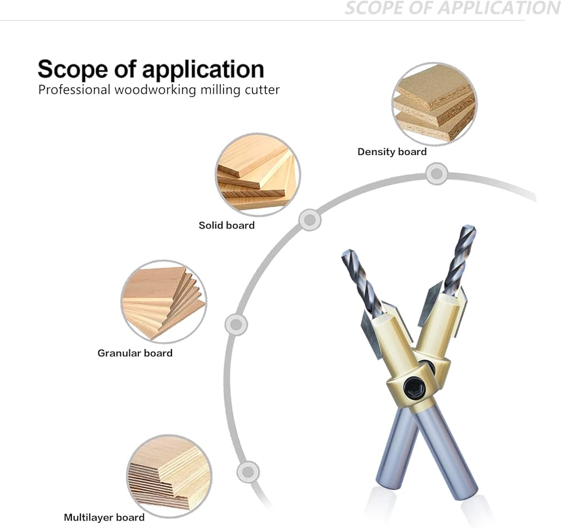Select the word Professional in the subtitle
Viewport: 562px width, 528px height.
[x=74, y=89]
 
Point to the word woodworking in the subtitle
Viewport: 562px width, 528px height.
[x=155, y=90]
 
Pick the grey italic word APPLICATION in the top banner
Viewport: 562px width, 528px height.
[x=500, y=8]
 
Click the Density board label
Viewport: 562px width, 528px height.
[x=392, y=152]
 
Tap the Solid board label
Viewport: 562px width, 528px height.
[x=226, y=225]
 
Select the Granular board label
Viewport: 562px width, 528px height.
[x=135, y=353]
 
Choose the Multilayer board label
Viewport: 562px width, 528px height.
[x=105, y=518]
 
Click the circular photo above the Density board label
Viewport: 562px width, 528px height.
[x=435, y=104]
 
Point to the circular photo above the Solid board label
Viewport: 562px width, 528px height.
[x=258, y=175]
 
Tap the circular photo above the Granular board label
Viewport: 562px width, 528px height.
[x=164, y=302]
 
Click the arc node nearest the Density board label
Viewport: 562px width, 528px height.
[x=437, y=174]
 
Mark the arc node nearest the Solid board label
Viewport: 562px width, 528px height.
[x=310, y=220]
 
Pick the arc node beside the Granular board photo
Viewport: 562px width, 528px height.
[x=236, y=325]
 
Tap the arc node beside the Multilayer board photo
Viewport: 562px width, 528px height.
[x=248, y=472]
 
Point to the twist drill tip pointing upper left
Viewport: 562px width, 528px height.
[x=347, y=253]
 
